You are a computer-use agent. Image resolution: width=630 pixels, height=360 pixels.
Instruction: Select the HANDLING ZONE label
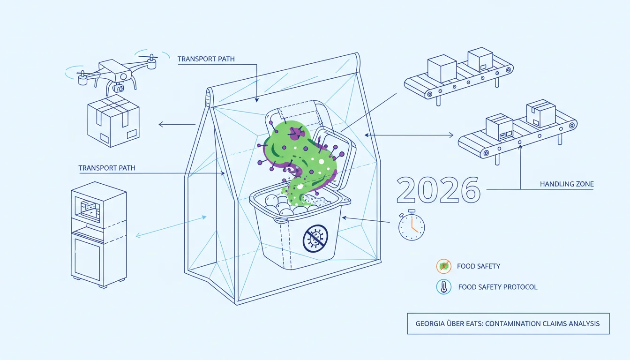pyautogui.click(x=567, y=184)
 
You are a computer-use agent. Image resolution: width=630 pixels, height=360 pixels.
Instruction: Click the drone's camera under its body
pyautogui.click(x=119, y=88)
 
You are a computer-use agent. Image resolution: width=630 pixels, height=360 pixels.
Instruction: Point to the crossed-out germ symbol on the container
pyautogui.click(x=315, y=238)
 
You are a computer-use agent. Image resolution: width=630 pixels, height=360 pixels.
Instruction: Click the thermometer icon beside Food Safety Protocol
pyautogui.click(x=444, y=287)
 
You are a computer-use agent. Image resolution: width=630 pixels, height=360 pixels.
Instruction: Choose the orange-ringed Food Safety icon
pyautogui.click(x=444, y=266)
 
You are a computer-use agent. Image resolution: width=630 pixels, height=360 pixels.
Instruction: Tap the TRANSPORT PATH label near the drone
pyautogui.click(x=206, y=59)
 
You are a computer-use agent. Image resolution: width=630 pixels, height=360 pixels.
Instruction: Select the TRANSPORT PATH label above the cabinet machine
pyautogui.click(x=107, y=168)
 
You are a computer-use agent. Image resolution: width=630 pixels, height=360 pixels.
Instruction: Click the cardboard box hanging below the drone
pyautogui.click(x=113, y=120)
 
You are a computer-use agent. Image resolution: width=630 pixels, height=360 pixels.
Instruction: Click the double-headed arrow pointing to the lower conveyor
pyautogui.click(x=409, y=135)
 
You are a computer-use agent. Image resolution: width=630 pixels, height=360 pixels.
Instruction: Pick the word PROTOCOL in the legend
pyautogui.click(x=520, y=287)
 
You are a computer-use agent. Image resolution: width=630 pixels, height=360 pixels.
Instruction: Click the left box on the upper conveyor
pyautogui.click(x=442, y=68)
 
